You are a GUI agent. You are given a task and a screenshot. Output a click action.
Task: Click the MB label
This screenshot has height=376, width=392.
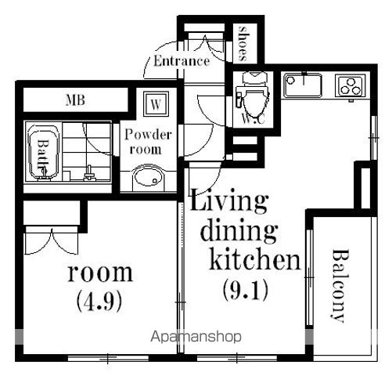[x=75, y=100]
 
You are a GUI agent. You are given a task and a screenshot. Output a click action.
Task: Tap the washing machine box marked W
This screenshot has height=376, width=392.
[x=156, y=104]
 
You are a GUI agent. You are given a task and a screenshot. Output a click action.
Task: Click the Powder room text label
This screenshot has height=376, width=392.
[x=148, y=142]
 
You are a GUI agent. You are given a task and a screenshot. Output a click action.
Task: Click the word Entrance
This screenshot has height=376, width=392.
[x=182, y=61]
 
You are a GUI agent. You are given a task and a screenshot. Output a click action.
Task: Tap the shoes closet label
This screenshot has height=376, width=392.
[x=243, y=43]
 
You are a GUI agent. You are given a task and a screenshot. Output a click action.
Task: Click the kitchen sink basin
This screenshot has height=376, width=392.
[x=303, y=85]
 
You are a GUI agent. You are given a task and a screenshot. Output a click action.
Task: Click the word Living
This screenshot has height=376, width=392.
[x=229, y=201]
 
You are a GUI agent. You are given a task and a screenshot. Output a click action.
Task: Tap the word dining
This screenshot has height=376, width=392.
[x=239, y=230]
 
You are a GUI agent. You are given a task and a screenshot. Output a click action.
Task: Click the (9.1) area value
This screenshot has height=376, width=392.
[x=246, y=290]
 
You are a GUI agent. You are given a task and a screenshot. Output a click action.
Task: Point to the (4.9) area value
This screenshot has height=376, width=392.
[x=99, y=301]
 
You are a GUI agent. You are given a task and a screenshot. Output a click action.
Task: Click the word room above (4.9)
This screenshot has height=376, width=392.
[x=100, y=273]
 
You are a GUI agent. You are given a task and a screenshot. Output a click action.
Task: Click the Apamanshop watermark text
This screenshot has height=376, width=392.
[x=196, y=337]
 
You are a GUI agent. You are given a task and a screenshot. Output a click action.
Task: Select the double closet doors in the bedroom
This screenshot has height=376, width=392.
[x=52, y=241]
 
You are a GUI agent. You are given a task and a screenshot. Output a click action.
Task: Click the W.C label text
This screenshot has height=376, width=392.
[x=254, y=119]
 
